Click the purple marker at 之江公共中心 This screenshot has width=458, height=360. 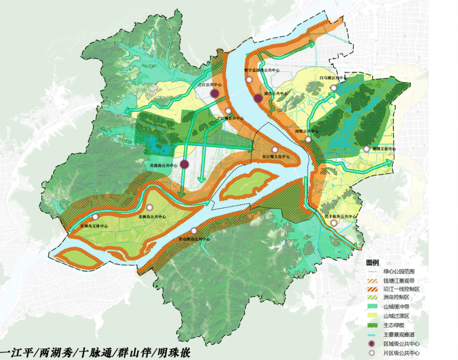pos(215,94)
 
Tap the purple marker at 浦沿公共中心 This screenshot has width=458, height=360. pos(258,99)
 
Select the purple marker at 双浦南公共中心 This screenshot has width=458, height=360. pos(184,164)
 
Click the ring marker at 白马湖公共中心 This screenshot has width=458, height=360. pos(334,88)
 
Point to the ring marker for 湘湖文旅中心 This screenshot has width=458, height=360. pos(366,149)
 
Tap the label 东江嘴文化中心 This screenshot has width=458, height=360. pos(276,157)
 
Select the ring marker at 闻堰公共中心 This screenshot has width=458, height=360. pos(308,140)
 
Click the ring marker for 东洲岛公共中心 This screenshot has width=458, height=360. pos(149,207)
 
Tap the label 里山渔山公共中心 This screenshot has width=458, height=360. pos(194,239)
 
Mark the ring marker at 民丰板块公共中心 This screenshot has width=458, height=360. pos(334,223)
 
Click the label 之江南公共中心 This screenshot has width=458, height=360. pos(229,118)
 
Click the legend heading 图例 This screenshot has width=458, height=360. pos(372,262)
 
